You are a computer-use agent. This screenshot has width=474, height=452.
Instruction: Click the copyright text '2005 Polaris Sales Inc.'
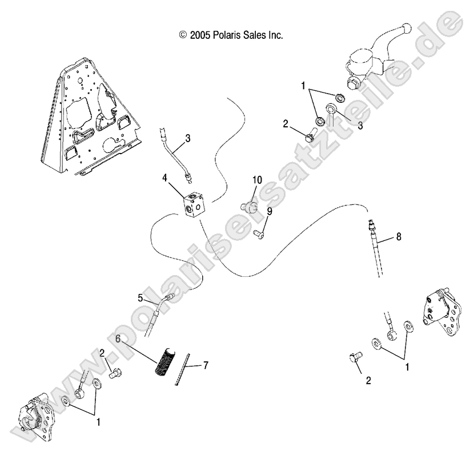(231, 35)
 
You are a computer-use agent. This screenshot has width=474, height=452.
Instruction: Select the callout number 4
(164, 177)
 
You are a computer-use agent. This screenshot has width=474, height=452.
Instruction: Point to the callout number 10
(257, 180)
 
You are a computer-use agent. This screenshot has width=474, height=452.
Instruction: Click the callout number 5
(140, 297)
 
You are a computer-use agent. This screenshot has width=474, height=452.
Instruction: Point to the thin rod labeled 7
(184, 369)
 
